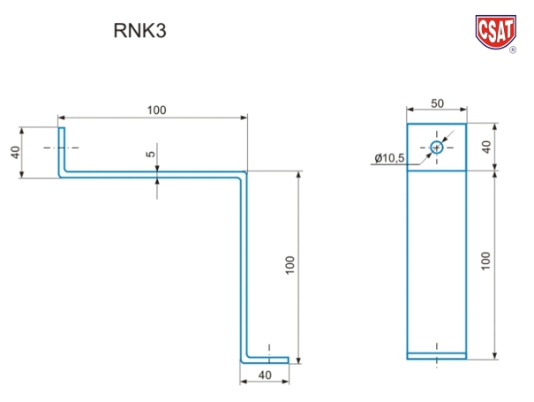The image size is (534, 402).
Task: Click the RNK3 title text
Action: click(x=139, y=31)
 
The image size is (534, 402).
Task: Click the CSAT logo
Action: click(x=497, y=29)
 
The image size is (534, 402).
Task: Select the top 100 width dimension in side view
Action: click(x=156, y=110)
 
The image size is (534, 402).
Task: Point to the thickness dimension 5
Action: click(x=151, y=154)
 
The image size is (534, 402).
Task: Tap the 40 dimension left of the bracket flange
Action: click(x=15, y=152)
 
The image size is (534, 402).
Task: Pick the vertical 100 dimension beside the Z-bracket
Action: click(x=290, y=264)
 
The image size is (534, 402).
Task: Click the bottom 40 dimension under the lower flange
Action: click(x=265, y=375)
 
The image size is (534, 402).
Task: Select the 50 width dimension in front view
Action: click(x=437, y=103)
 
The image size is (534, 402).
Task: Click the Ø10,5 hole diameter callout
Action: click(x=389, y=157)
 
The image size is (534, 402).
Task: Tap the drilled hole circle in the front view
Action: click(x=437, y=148)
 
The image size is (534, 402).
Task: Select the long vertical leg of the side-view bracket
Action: click(x=245, y=265)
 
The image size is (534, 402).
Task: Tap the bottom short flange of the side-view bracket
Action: click(x=267, y=360)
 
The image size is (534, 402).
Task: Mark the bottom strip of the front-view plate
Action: click(x=437, y=356)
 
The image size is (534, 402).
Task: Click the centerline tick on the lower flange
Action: click(x=268, y=348)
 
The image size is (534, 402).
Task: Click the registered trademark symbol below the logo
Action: click(x=513, y=51)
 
